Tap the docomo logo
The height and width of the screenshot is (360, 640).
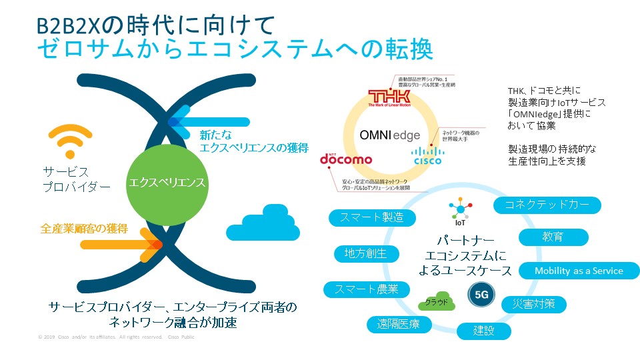(346, 159)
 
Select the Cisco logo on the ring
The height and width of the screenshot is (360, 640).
(426, 155)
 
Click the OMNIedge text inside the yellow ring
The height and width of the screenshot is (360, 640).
(390, 135)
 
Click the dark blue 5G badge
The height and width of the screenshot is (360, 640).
(480, 293)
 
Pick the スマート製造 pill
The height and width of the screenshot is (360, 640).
(371, 217)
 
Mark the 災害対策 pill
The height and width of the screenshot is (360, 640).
(533, 305)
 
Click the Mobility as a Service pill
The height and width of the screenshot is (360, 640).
(578, 271)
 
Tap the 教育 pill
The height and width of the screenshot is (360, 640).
(553, 237)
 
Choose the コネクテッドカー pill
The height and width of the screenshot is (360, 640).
(547, 205)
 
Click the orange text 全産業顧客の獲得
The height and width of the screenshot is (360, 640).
(84, 229)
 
